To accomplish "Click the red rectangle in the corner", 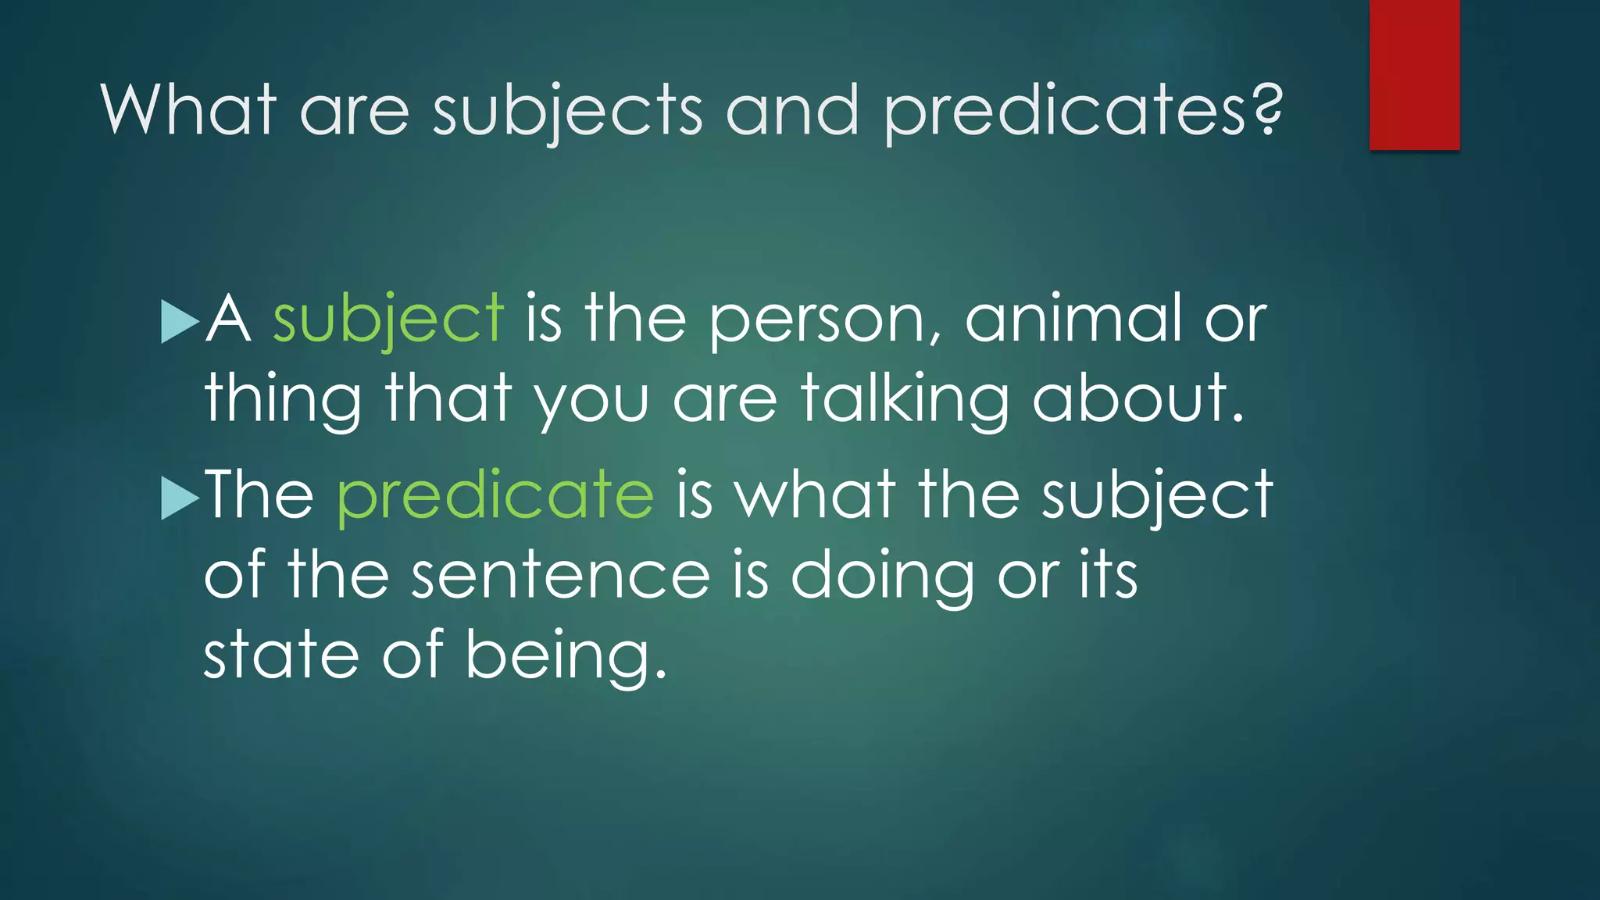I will [x=1414, y=74].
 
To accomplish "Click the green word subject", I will [x=387, y=319].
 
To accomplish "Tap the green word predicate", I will [x=495, y=495].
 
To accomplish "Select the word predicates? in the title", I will [x=1083, y=111].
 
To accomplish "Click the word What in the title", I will [x=188, y=109].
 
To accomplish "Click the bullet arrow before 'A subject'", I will [x=180, y=321].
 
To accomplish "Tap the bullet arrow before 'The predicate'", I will [x=180, y=498].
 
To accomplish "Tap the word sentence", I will [x=560, y=575].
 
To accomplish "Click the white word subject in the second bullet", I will [x=1157, y=495].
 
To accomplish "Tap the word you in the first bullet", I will [x=591, y=400].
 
